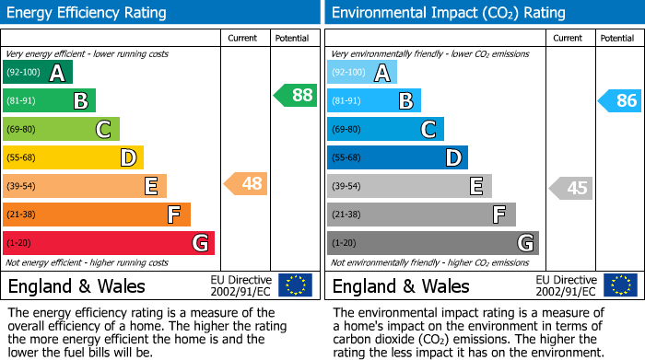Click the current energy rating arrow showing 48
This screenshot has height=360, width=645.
[x=246, y=184]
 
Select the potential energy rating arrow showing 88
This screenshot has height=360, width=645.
[x=296, y=95]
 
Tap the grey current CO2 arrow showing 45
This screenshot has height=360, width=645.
[x=570, y=189]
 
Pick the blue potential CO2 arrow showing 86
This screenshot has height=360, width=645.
[x=620, y=100]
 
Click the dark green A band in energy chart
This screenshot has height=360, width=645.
[x=38, y=73]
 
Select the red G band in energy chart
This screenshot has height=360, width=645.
[x=109, y=243]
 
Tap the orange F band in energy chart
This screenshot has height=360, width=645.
[x=97, y=215]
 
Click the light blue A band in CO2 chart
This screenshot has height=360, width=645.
[x=362, y=73]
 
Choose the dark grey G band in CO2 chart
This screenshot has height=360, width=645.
[x=433, y=243]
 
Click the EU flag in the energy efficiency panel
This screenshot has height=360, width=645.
[x=295, y=285]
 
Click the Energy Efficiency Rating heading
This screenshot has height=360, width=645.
[x=88, y=13]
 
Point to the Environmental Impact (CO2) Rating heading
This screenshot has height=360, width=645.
[x=448, y=13]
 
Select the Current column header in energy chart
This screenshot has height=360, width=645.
[x=244, y=38]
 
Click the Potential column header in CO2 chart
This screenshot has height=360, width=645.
[x=616, y=38]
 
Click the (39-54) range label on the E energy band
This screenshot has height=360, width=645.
[x=22, y=186]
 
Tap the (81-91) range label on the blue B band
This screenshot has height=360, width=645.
[x=346, y=101]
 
